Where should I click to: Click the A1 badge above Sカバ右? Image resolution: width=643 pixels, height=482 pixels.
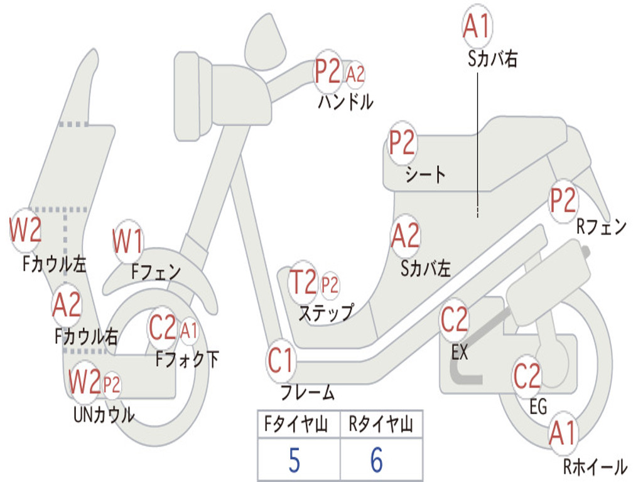point(477,26)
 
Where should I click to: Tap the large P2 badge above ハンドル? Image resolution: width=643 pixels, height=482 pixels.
point(328,72)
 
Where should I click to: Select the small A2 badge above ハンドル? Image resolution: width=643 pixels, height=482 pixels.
point(355,75)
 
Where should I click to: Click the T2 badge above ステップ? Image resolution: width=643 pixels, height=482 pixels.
point(303,282)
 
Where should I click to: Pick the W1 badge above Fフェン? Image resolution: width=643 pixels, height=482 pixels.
point(128,241)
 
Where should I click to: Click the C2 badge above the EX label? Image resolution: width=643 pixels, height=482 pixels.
point(455,319)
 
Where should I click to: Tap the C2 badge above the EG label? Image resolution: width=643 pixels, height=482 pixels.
point(527,377)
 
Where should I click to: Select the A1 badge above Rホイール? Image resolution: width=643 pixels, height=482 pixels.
point(563,433)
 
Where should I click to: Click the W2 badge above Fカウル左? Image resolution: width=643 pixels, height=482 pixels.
point(25,230)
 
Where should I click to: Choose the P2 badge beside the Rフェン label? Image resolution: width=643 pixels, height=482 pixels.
point(563,201)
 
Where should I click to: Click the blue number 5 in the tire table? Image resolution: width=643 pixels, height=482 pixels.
point(294,461)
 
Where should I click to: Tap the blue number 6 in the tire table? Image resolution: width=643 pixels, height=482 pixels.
point(377,460)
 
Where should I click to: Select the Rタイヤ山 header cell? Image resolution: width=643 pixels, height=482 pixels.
point(381,424)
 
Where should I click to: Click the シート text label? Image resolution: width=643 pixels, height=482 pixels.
point(425,175)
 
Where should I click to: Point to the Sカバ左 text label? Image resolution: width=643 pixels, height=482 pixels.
point(426,269)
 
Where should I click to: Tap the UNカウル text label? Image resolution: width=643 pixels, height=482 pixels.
point(104,415)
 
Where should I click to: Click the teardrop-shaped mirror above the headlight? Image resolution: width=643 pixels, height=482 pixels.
point(266,42)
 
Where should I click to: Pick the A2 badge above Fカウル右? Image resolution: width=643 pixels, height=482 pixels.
point(67,305)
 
